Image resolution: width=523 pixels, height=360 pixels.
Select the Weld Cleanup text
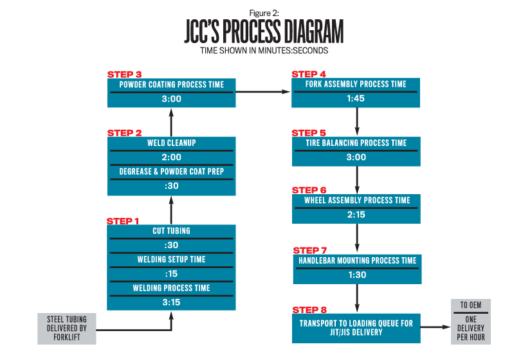(170, 143)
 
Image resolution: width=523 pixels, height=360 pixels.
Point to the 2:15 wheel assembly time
(356, 215)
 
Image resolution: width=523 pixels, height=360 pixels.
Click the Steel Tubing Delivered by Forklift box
(66, 328)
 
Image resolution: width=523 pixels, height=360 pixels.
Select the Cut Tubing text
(171, 231)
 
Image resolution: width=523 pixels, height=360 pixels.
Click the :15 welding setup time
(171, 273)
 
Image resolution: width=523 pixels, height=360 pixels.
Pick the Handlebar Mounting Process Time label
(357, 260)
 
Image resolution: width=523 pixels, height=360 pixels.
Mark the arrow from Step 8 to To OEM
(436, 328)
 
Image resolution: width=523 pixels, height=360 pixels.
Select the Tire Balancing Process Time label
(357, 143)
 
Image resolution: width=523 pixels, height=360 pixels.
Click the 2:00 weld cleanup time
(171, 157)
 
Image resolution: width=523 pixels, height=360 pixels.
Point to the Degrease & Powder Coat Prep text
(171, 172)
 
